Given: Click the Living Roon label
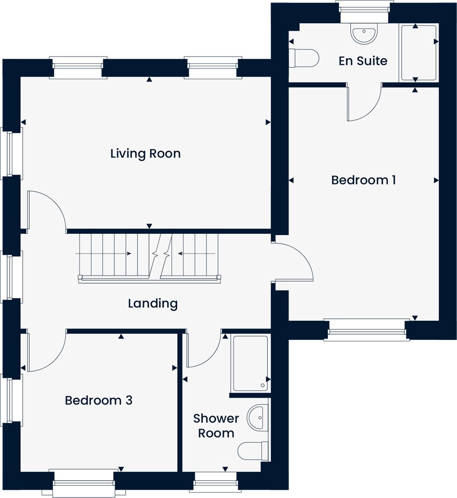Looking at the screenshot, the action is click(x=146, y=154).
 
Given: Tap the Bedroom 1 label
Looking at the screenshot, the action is click(x=363, y=180).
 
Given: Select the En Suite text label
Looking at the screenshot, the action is click(x=363, y=60).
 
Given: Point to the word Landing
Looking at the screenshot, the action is click(x=153, y=304).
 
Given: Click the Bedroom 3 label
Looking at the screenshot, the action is click(x=99, y=400).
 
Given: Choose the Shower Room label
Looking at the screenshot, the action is click(x=216, y=426).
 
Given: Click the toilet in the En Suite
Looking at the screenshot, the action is click(x=304, y=58).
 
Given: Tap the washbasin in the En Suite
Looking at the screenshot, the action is click(x=364, y=33).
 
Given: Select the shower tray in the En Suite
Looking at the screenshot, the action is click(x=419, y=53).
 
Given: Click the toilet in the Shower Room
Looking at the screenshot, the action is click(x=253, y=451).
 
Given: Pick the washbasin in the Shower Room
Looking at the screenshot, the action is click(x=258, y=417).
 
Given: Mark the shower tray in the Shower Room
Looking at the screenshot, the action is click(x=251, y=363).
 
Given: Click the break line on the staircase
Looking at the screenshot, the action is click(x=160, y=256).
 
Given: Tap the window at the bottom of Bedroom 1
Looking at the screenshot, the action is click(x=367, y=330).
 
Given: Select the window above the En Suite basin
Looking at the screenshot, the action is click(x=364, y=11).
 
